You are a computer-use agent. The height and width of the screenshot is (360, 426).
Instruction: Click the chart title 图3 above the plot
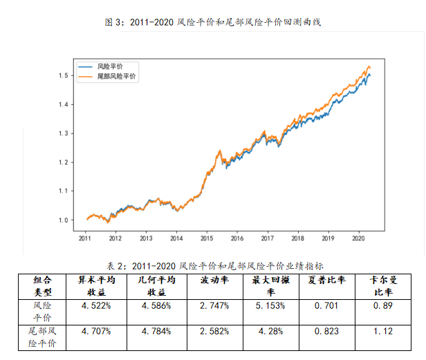214,22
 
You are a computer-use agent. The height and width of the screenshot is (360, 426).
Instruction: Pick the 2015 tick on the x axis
207,238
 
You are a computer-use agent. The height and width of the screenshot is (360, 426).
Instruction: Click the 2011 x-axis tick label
85,238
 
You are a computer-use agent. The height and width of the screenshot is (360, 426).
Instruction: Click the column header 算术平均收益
95,285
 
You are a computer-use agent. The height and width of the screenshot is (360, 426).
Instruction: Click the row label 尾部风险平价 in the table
42,336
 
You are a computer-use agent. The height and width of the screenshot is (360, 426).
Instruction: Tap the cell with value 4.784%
155,330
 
